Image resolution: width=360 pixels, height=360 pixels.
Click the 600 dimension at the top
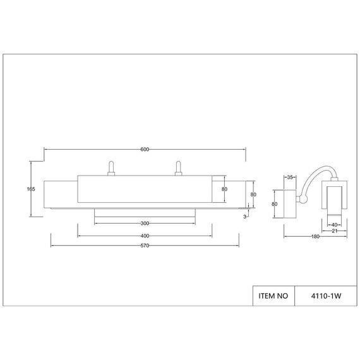pyautogui.click(x=145, y=149)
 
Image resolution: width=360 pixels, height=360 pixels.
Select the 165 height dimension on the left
pyautogui.click(x=30, y=189)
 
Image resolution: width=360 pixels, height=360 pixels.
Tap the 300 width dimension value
pyautogui.click(x=145, y=224)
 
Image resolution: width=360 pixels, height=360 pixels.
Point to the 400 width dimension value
pyautogui.click(x=145, y=236)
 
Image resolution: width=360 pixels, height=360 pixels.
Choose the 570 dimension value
pyautogui.click(x=145, y=246)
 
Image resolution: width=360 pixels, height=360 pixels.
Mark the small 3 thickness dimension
pyautogui.click(x=244, y=216)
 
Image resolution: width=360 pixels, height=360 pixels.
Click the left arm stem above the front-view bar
pyautogui.click(x=111, y=166)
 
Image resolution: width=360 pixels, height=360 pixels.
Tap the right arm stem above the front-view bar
pyautogui.click(x=178, y=166)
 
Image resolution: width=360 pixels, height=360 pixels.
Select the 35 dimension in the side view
pyautogui.click(x=291, y=177)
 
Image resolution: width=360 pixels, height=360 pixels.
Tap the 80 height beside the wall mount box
pyautogui.click(x=275, y=204)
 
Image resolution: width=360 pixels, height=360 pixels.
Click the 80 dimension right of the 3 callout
pyautogui.click(x=253, y=195)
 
